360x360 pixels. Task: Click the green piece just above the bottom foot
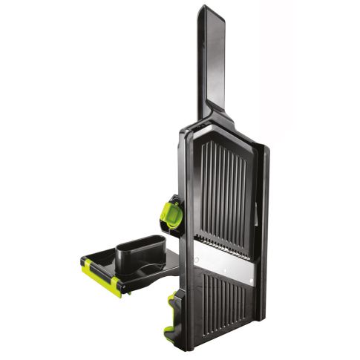point(172,303)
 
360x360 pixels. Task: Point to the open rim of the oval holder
point(140,241)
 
